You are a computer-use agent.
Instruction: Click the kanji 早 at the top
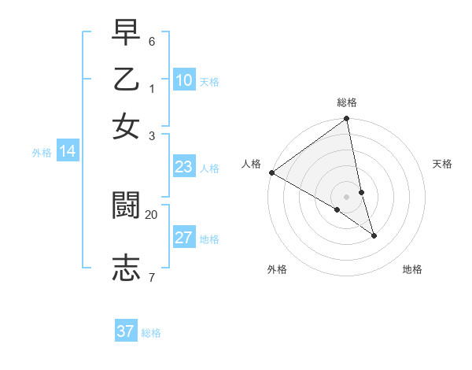coord(126,34)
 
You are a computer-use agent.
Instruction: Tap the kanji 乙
coord(126,80)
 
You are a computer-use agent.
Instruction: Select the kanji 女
coord(126,125)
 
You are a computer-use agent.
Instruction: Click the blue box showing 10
coord(184,80)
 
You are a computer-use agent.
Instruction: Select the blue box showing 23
coord(184,167)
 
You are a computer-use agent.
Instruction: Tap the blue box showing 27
coord(184,238)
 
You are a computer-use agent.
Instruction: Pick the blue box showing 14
coord(68,152)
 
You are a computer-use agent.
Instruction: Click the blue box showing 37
coord(126,331)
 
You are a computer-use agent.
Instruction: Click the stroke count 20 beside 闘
coord(151,213)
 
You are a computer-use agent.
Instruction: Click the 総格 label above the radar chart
coord(347,102)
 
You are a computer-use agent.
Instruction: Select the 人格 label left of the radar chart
coord(251,163)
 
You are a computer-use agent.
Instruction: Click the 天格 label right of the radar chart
coord(443,164)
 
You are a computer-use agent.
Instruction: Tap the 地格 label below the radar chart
coord(412,269)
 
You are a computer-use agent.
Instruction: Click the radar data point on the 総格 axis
coord(346,120)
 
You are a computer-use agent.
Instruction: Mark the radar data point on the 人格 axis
coord(271,172)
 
